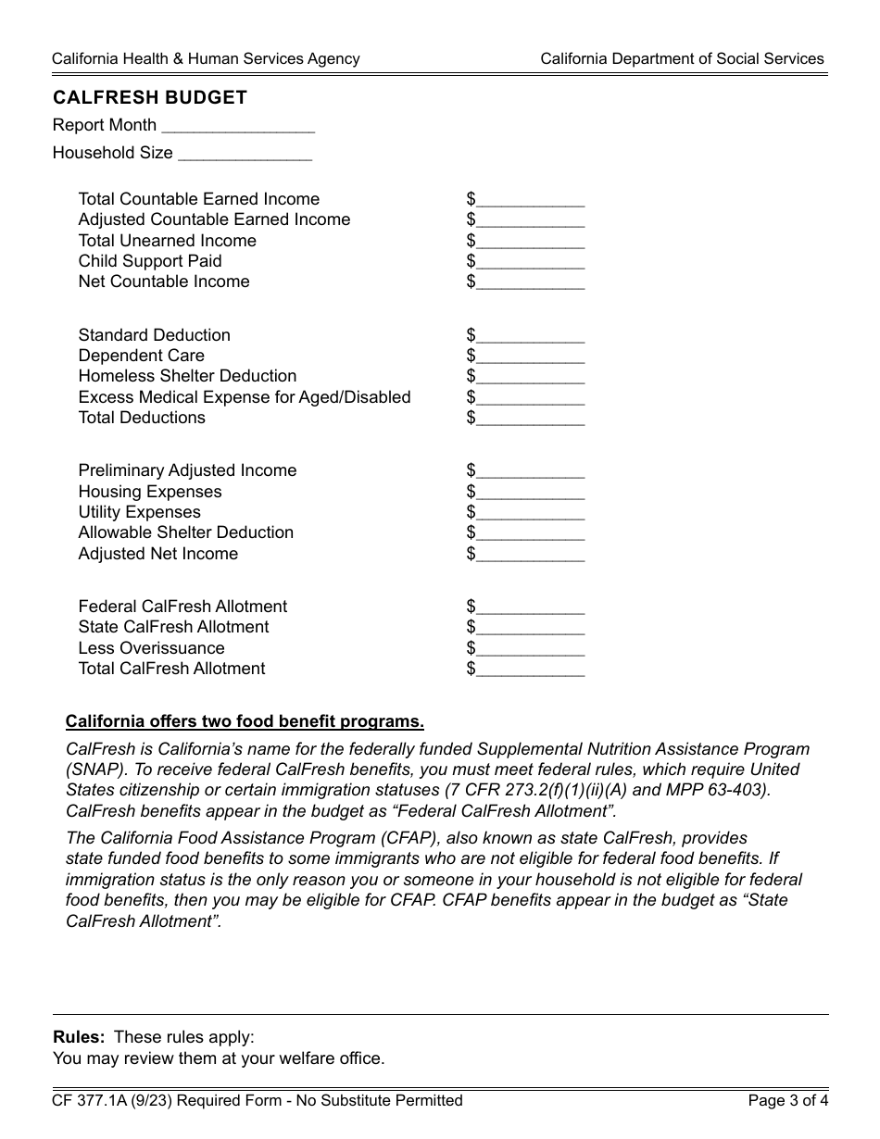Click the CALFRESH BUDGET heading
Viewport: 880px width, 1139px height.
[150, 98]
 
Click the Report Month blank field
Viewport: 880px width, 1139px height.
[238, 126]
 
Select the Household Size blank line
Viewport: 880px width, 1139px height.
[245, 154]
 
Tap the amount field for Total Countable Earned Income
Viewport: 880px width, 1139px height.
[530, 200]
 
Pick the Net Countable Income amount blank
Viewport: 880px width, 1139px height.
[530, 282]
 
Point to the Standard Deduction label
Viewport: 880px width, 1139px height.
[154, 335]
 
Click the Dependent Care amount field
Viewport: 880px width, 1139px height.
[530, 357]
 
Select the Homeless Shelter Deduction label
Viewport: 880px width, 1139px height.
[187, 376]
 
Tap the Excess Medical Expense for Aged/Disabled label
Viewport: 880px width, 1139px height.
[244, 397]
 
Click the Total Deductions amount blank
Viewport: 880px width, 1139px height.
[530, 419]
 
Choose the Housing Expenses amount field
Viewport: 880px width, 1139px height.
[530, 493]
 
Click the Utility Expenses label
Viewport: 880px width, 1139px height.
[139, 512]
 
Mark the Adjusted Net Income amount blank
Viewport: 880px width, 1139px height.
[530, 555]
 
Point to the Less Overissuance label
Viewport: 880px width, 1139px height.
[151, 648]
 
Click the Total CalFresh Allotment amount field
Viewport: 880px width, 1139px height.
[530, 670]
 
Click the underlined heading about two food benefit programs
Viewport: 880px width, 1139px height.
[245, 722]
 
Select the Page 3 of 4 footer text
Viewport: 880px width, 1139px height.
[788, 1101]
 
